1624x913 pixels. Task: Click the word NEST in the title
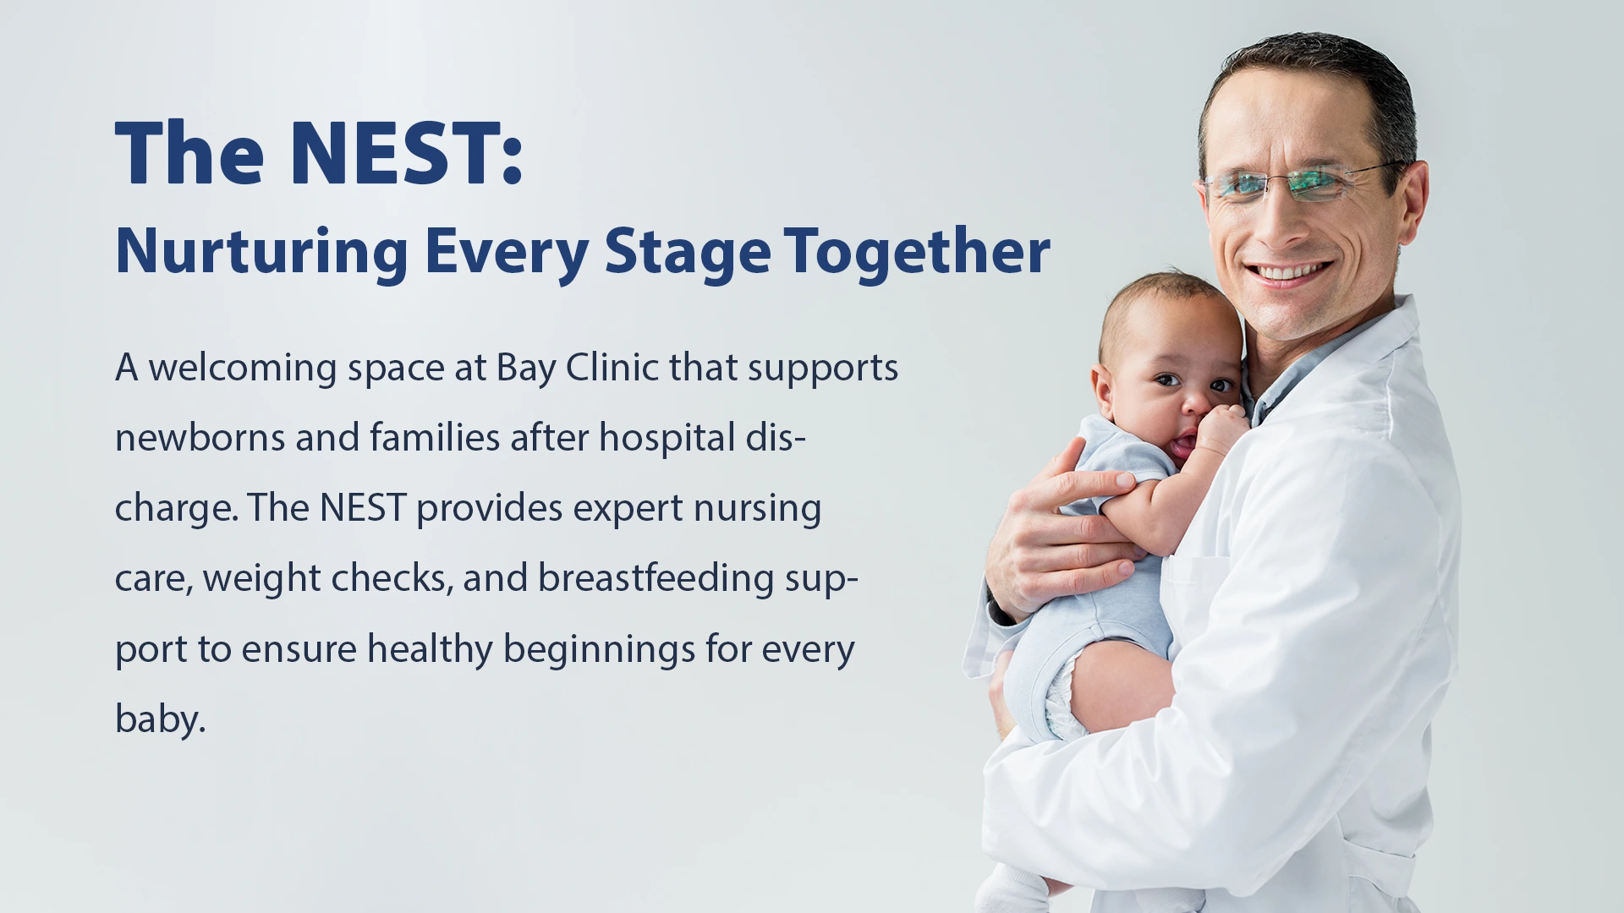(x=395, y=153)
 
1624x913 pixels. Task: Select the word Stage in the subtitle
(x=687, y=251)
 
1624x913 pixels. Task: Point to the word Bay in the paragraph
(x=526, y=368)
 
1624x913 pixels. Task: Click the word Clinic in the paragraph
(x=612, y=368)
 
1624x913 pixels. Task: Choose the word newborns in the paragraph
(x=200, y=438)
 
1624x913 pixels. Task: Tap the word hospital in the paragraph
(x=667, y=438)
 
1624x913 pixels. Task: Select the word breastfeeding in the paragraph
(x=656, y=578)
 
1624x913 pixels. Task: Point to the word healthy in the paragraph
(x=430, y=649)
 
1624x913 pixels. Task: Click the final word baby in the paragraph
(x=160, y=719)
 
